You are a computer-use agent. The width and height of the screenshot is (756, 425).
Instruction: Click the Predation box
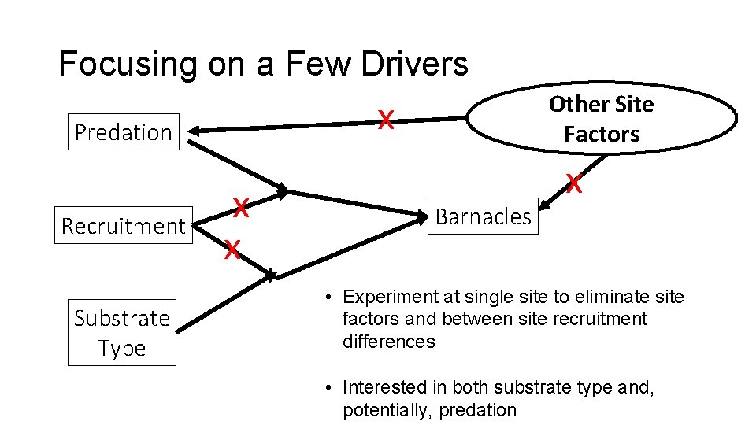click(123, 132)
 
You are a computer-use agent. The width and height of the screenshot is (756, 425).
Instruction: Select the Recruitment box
click(123, 227)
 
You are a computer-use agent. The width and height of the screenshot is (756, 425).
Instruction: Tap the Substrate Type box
click(122, 333)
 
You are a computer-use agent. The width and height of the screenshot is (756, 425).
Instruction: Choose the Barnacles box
click(483, 216)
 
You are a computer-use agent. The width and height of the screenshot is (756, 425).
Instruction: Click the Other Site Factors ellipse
click(602, 119)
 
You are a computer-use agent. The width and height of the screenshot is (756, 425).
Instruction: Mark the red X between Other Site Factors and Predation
click(385, 120)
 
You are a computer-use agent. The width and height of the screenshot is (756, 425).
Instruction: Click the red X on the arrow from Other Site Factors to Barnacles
click(575, 185)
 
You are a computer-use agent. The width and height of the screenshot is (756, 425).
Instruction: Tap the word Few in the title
click(319, 65)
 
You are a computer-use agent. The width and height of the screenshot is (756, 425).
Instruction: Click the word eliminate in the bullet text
click(602, 297)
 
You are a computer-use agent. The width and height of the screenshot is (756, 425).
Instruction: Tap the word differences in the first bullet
click(389, 342)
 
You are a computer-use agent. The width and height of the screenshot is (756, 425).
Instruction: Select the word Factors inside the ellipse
click(602, 135)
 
